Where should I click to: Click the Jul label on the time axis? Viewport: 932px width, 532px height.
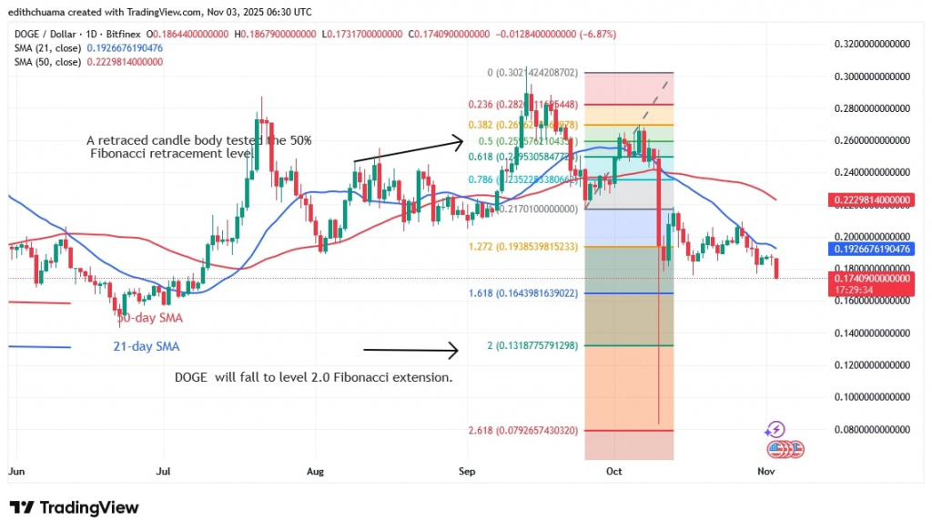165,472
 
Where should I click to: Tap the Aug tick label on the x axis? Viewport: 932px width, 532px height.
316,472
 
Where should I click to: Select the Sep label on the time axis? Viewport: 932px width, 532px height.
467,472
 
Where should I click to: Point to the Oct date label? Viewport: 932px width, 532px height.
616,472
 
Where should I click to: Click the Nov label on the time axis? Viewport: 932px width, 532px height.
766,472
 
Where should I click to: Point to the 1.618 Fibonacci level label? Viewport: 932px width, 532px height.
524,293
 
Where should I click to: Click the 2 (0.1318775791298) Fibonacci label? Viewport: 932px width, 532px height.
526,346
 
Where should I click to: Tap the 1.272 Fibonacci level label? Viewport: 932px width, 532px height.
524,247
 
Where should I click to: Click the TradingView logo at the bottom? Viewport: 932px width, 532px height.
75,507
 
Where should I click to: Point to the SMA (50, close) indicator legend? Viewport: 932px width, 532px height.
87,62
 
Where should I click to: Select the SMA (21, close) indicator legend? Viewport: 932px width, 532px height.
87,47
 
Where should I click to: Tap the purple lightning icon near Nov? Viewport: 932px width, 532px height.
775,429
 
